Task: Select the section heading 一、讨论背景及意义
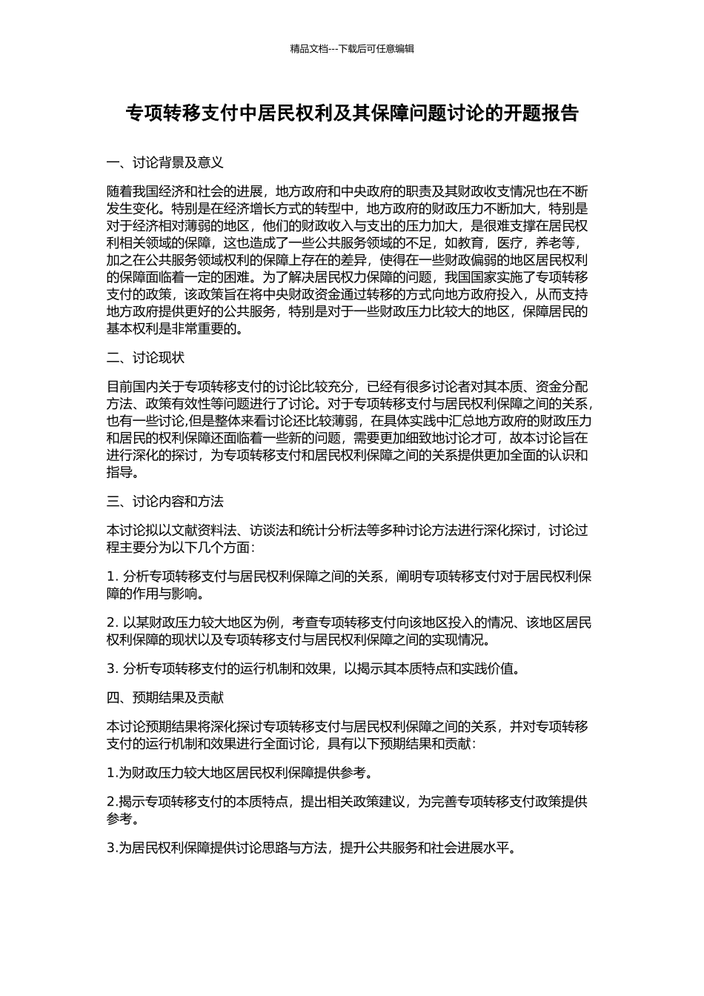pos(165,162)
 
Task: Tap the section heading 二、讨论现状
pos(145,358)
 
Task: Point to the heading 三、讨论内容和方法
pos(165,502)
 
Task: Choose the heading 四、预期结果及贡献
pos(165,697)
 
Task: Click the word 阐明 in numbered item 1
pos(408,576)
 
